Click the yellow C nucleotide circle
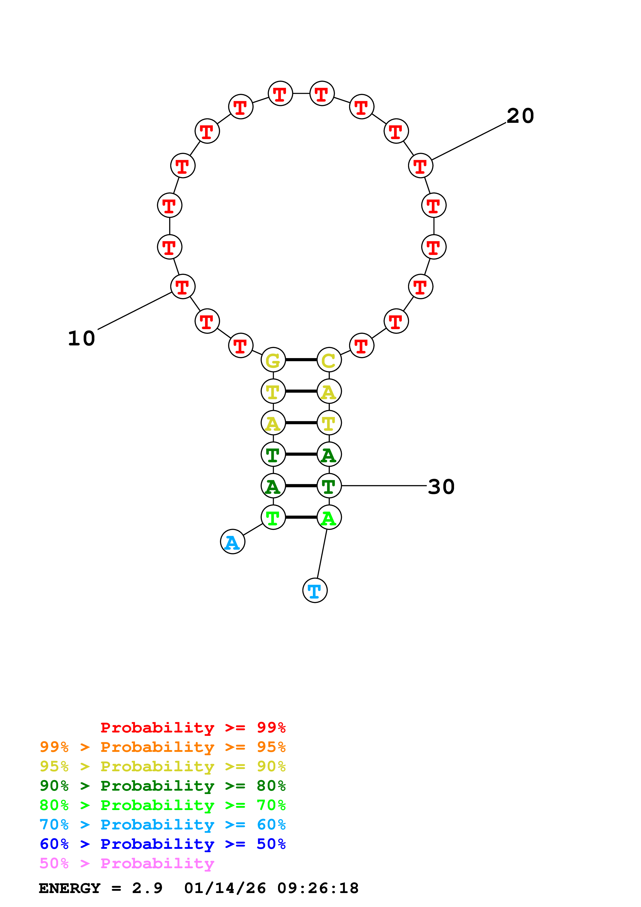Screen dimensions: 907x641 click(x=329, y=360)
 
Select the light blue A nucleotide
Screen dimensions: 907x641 click(x=233, y=542)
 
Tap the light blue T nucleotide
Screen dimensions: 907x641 click(x=315, y=590)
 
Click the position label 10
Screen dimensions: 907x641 click(x=81, y=338)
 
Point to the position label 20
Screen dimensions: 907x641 click(x=520, y=116)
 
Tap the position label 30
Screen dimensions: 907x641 click(x=441, y=487)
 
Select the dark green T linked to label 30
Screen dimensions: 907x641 click(x=329, y=486)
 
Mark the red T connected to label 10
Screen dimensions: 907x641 click(x=183, y=286)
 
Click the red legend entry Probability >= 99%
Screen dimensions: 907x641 click(x=193, y=727)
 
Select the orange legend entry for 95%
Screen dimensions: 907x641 click(x=162, y=747)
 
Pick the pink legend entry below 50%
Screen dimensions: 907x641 click(x=127, y=863)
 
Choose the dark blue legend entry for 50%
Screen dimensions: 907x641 click(x=162, y=844)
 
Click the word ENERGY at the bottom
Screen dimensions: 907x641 click(x=70, y=888)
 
